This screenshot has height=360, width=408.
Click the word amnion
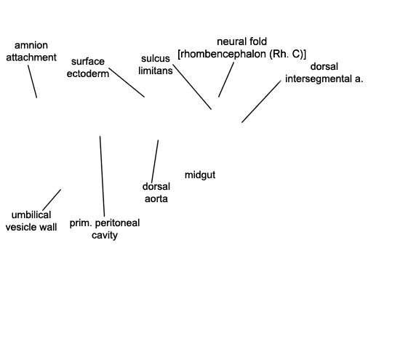pyautogui.click(x=31, y=46)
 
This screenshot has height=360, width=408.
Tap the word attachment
pyautogui.click(x=31, y=57)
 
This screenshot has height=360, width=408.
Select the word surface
pyautogui.click(x=88, y=61)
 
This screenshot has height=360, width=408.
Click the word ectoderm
pyautogui.click(x=88, y=73)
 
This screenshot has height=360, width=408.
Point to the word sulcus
pyautogui.click(x=156, y=58)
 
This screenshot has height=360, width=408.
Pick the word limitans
pyautogui.click(x=156, y=71)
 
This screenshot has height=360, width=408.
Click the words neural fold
pyautogui.click(x=241, y=41)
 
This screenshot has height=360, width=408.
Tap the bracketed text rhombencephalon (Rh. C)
pyautogui.click(x=241, y=54)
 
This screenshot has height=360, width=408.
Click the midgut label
pyautogui.click(x=200, y=175)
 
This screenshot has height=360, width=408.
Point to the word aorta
pyautogui.click(x=156, y=199)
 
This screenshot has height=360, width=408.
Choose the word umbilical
pyautogui.click(x=31, y=215)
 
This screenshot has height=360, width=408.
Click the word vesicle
pyautogui.click(x=21, y=227)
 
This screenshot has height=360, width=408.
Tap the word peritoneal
pyautogui.click(x=118, y=223)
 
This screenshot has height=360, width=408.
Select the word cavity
pyautogui.click(x=105, y=235)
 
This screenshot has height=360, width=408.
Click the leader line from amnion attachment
pyautogui.click(x=32, y=81)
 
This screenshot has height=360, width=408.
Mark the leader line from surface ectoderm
pyautogui.click(x=127, y=82)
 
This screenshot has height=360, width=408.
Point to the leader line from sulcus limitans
pyautogui.click(x=192, y=87)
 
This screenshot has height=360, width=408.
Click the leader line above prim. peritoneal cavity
pyautogui.click(x=103, y=176)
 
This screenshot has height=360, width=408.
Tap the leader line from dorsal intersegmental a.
pyautogui.click(x=262, y=101)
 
